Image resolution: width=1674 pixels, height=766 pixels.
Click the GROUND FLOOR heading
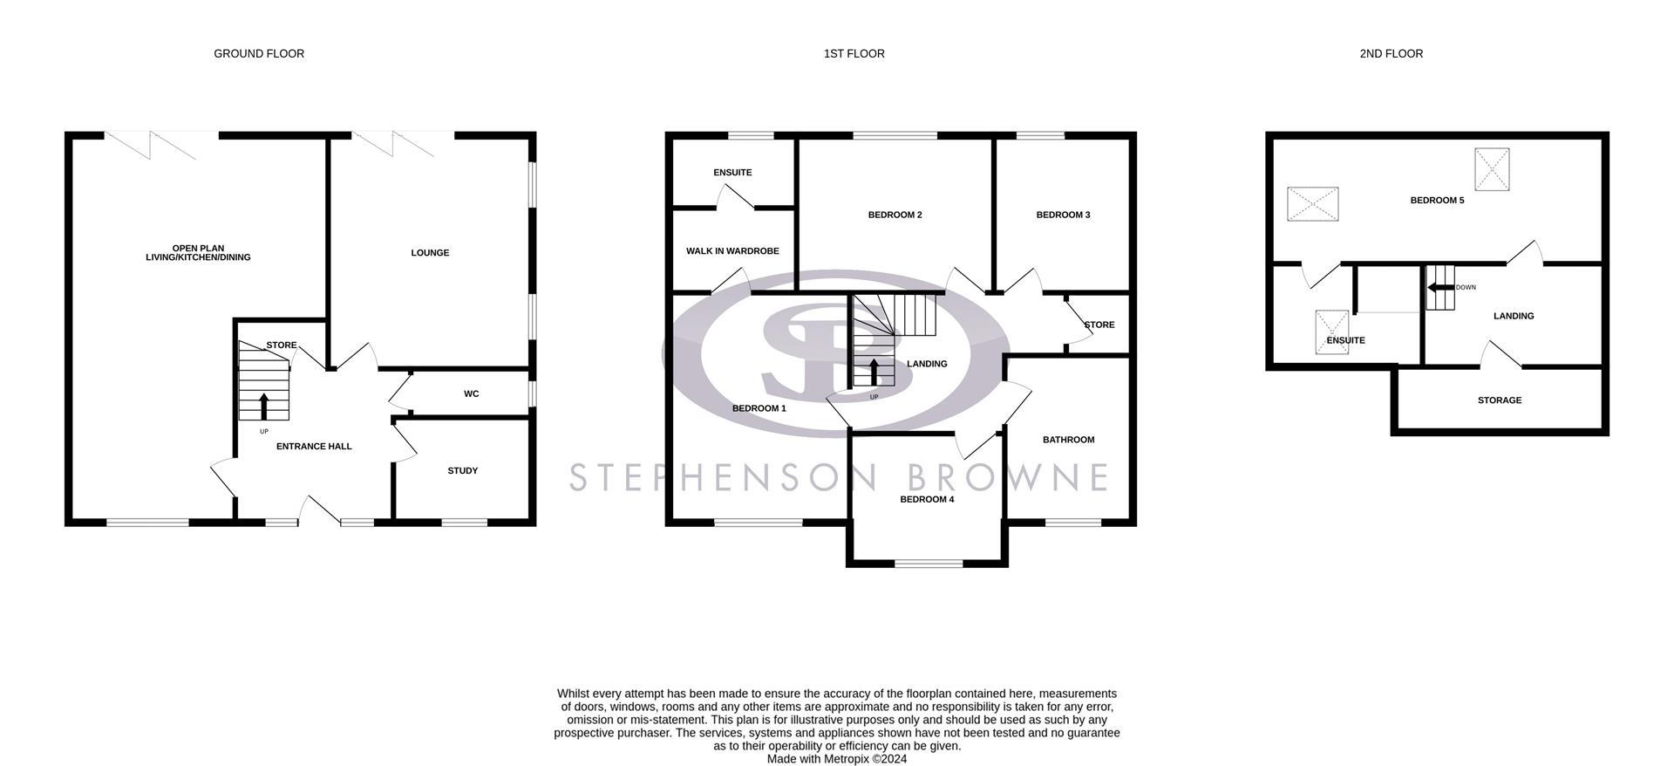click(259, 54)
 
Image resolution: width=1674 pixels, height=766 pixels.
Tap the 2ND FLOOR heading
click(1391, 54)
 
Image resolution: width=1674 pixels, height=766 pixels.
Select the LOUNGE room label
click(430, 253)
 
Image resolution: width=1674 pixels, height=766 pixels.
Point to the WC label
click(471, 394)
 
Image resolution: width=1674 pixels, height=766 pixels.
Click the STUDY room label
click(462, 471)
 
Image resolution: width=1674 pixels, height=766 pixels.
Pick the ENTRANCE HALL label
click(314, 447)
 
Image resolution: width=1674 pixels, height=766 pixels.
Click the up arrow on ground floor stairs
click(264, 406)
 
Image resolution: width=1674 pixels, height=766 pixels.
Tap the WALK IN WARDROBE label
click(732, 251)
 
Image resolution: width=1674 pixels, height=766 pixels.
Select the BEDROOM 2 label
click(895, 215)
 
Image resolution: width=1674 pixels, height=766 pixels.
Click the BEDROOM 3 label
click(1063, 215)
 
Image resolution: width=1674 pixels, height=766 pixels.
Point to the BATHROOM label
click(1068, 440)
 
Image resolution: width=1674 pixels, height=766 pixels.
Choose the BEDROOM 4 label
click(927, 500)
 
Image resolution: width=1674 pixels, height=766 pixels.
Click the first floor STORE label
click(1099, 325)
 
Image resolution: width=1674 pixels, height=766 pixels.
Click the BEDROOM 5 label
click(1437, 201)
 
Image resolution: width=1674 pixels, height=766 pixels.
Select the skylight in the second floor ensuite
click(1331, 332)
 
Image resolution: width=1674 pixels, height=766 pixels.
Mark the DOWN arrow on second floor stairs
click(1439, 287)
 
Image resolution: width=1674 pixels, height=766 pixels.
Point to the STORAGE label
click(1499, 400)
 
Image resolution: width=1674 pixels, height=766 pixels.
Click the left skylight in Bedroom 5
click(1313, 204)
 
